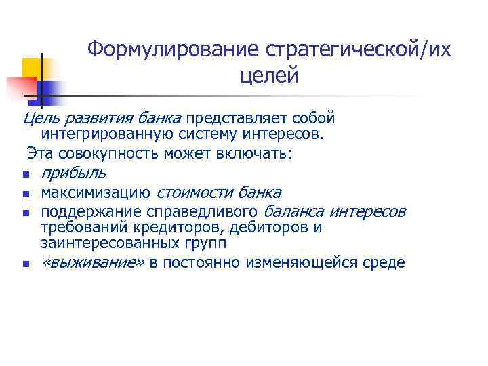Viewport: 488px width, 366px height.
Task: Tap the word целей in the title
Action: (269, 76)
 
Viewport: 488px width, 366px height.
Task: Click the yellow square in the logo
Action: (33, 68)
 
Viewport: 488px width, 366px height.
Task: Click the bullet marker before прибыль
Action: (24, 175)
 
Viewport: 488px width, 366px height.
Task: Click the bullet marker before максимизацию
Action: (24, 194)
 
